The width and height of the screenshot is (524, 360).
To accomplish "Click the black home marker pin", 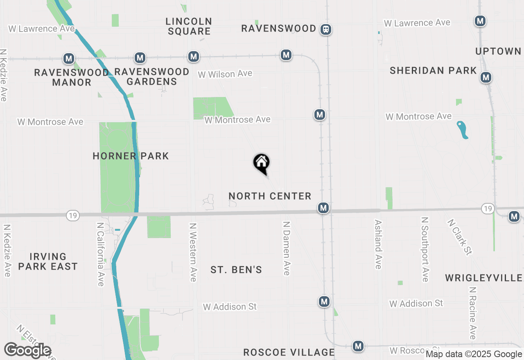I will click(261, 163).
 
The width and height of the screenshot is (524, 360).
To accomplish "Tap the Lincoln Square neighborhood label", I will click(189, 26).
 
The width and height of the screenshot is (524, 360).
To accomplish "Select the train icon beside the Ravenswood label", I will click(326, 29).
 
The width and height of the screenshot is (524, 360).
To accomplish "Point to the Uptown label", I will click(498, 52).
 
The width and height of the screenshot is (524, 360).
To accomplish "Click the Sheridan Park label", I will click(433, 71).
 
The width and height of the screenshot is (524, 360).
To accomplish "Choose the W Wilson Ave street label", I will click(225, 74).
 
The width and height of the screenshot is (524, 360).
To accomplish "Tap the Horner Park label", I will click(131, 156).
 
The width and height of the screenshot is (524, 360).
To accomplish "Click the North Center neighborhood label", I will click(270, 196).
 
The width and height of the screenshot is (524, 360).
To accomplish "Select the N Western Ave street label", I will click(193, 252).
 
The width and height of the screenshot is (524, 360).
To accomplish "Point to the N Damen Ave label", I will click(287, 248).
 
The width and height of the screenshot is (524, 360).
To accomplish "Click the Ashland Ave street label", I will click(378, 244).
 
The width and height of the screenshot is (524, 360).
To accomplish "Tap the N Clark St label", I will click(459, 237).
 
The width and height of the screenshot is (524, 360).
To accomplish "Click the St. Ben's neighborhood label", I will click(236, 270).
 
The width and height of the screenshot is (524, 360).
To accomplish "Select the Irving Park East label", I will click(48, 261).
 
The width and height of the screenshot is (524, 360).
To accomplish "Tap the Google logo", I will click(27, 350).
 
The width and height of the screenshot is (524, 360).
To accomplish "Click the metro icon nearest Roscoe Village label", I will click(358, 346).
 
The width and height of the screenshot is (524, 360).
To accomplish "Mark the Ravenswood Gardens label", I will click(151, 76).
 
